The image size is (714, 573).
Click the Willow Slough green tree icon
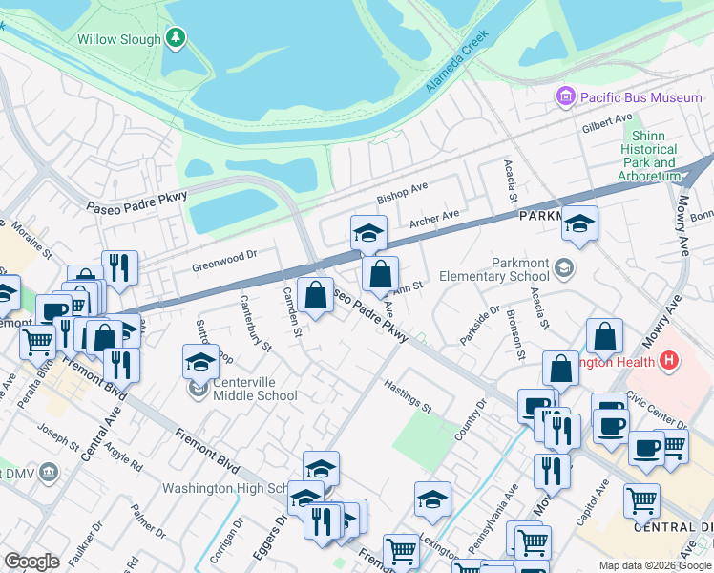click(x=175, y=37)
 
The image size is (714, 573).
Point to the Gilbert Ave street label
click(x=608, y=124)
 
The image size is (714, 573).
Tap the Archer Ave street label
click(x=434, y=221)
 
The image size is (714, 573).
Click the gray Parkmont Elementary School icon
click(x=564, y=266)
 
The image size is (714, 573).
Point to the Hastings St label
click(x=409, y=395)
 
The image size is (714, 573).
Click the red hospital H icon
click(x=669, y=361)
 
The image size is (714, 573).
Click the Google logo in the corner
click(x=31, y=562)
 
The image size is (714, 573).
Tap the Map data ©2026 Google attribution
click(x=654, y=565)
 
